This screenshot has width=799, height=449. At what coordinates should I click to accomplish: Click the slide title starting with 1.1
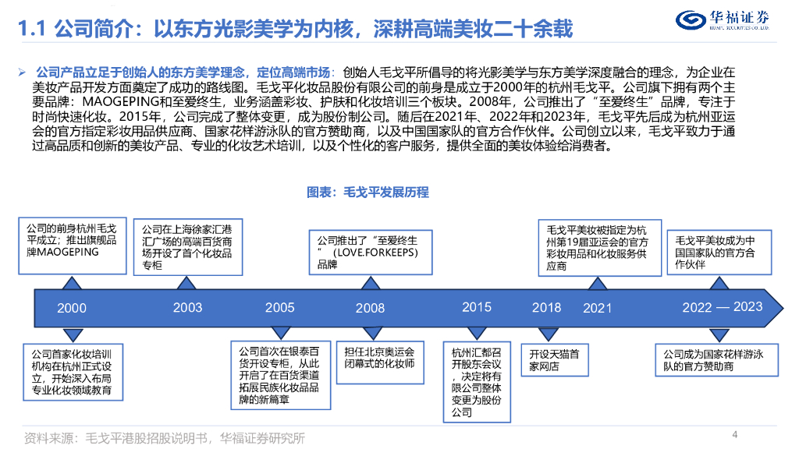pyautogui.click(x=296, y=30)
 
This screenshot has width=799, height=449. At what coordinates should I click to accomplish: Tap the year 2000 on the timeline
pyautogui.click(x=72, y=309)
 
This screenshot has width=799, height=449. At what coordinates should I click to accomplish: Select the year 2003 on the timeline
pyautogui.click(x=187, y=307)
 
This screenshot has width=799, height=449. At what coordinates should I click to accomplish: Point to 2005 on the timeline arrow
pyautogui.click(x=279, y=307)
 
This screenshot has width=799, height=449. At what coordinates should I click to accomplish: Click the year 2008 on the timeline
pyautogui.click(x=370, y=308)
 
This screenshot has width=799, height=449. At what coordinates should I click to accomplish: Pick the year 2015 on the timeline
pyautogui.click(x=477, y=307)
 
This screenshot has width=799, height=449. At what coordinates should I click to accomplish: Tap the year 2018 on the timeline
pyautogui.click(x=546, y=307)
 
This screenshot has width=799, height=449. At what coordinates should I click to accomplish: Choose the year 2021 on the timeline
pyautogui.click(x=598, y=308)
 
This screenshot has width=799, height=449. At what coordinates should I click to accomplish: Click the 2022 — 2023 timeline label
pyautogui.click(x=723, y=307)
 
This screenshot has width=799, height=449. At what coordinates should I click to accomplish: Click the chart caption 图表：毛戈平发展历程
pyautogui.click(x=368, y=192)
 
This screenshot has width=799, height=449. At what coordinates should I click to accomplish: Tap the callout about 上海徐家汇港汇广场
pyautogui.click(x=186, y=248)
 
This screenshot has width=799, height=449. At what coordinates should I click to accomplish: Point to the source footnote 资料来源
pyautogui.click(x=165, y=437)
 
